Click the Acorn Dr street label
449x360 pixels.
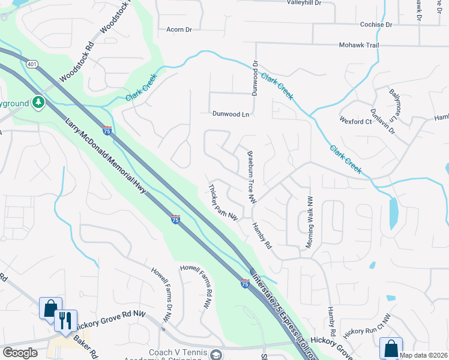click(x=179, y=29)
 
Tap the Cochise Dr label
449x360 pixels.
click(x=376, y=25)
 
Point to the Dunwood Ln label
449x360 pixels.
click(x=231, y=113)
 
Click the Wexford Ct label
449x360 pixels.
click(x=355, y=121)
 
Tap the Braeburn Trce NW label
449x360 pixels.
click(x=252, y=176)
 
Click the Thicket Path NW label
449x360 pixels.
click(x=223, y=200)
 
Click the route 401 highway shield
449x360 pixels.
click(x=32, y=64)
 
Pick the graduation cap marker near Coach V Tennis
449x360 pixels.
click(x=215, y=356)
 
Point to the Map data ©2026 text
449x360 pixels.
click(x=423, y=355)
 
